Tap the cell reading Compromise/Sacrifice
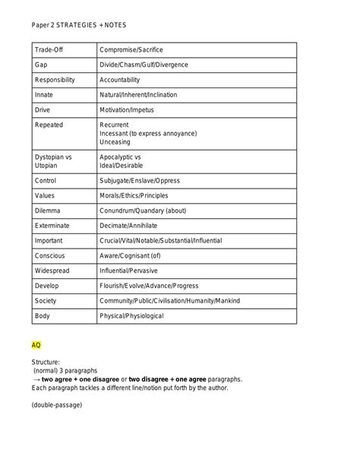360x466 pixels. point(131,50)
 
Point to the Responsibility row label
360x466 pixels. point(55,80)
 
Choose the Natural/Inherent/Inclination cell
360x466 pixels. point(144,95)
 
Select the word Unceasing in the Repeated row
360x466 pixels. point(115,141)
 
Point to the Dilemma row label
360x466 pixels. point(47,211)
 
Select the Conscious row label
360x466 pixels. point(49,255)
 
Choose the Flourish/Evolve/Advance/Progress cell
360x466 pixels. point(148,286)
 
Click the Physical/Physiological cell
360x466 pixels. point(131,315)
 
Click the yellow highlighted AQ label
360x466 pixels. point(36,344)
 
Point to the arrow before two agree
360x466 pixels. point(36,379)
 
